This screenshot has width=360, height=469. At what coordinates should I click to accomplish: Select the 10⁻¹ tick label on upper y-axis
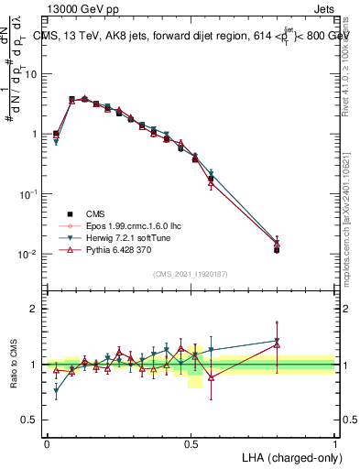pos(28,194)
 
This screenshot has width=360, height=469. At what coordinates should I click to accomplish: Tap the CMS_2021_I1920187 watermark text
pos(191,272)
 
